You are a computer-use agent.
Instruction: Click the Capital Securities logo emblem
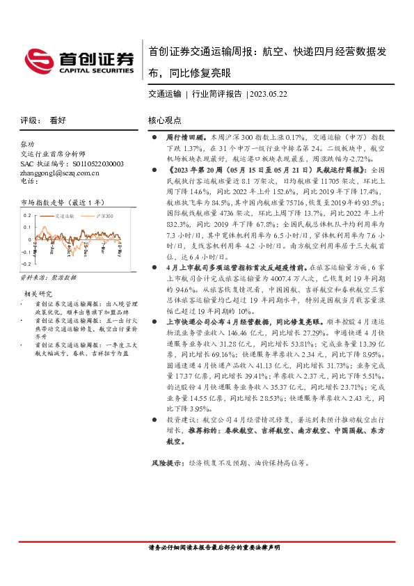click(x=38, y=59)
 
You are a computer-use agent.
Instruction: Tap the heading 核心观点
click(x=164, y=120)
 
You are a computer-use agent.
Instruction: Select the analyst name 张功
click(x=28, y=144)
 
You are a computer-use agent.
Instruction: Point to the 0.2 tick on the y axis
click(x=27, y=216)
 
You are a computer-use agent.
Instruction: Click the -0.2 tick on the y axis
click(x=26, y=264)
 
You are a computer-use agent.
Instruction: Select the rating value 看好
click(x=58, y=120)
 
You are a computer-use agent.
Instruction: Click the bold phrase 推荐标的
click(x=187, y=431)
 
